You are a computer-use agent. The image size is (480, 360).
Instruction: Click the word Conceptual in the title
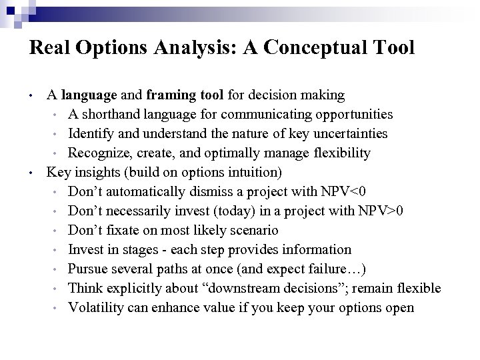[313, 48]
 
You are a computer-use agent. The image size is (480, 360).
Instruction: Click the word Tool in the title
[393, 48]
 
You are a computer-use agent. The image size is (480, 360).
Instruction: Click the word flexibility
[337, 153]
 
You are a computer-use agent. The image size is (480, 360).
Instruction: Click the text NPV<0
[342, 191]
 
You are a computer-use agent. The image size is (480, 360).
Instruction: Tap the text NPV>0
[380, 211]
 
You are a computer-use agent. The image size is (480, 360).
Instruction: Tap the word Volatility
[95, 307]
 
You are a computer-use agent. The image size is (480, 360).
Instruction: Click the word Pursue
[87, 269]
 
